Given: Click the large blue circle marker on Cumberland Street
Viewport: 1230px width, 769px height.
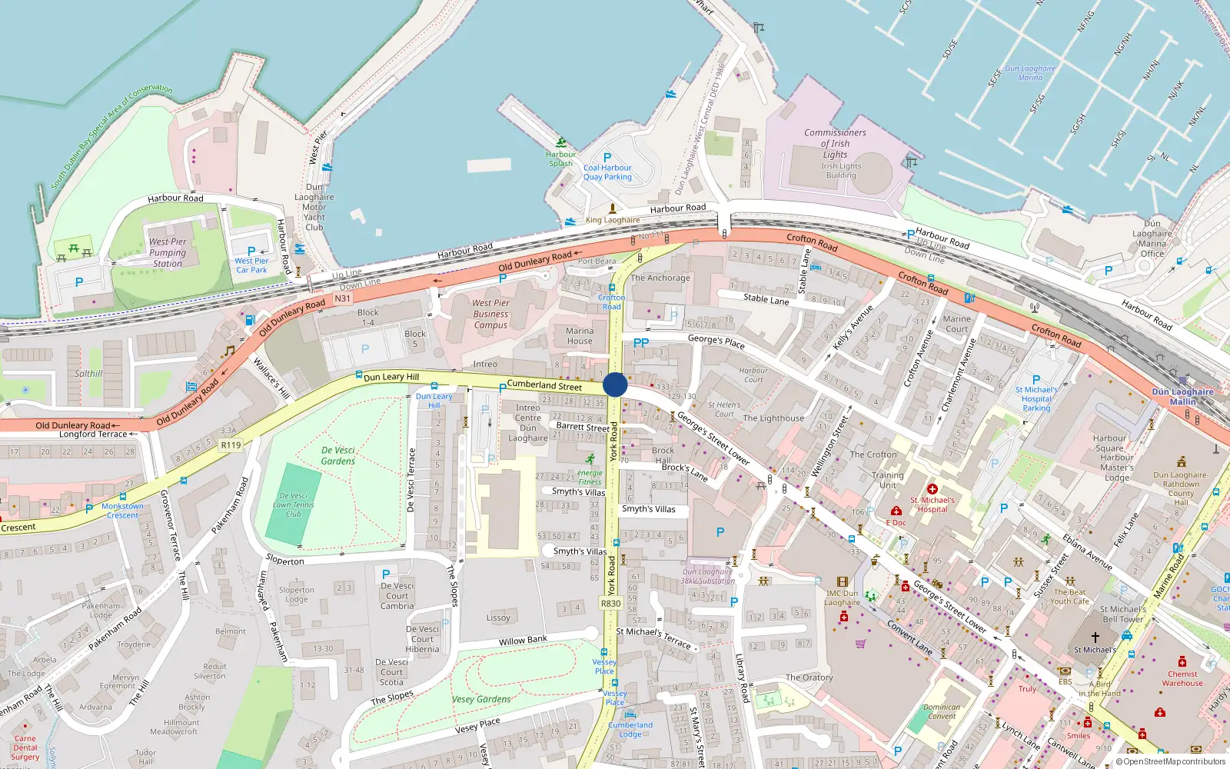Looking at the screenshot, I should click(615, 384).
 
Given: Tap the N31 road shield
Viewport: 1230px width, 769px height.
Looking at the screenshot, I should click(342, 298).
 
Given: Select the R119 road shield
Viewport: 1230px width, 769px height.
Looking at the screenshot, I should click(231, 444).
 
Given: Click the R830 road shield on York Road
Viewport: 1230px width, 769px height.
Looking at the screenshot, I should click(610, 604).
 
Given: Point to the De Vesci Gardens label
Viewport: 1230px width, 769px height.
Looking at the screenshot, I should click(337, 455).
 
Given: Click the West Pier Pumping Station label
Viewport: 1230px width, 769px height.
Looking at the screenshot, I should click(168, 252).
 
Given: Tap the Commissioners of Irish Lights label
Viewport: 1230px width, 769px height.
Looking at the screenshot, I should click(835, 143).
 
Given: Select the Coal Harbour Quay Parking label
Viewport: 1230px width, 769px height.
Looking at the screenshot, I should click(607, 172).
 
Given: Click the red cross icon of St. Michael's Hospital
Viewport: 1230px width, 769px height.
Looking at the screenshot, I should click(932, 489).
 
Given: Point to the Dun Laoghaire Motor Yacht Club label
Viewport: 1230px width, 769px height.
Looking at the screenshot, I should click(314, 207).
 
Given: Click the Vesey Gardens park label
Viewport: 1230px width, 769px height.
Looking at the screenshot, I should click(481, 699).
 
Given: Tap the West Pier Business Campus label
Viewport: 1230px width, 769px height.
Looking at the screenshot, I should click(490, 314).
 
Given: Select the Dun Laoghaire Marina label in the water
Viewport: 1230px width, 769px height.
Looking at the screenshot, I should click(1030, 73).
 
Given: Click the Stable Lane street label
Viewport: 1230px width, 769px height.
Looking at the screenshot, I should click(766, 299).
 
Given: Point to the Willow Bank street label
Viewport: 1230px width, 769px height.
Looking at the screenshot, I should click(523, 640).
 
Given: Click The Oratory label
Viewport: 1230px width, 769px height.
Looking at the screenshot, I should click(809, 677).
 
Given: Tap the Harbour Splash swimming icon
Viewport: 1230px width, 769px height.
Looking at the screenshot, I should click(561, 143).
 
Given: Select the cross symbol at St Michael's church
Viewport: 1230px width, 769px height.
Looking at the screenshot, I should click(1095, 637).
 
